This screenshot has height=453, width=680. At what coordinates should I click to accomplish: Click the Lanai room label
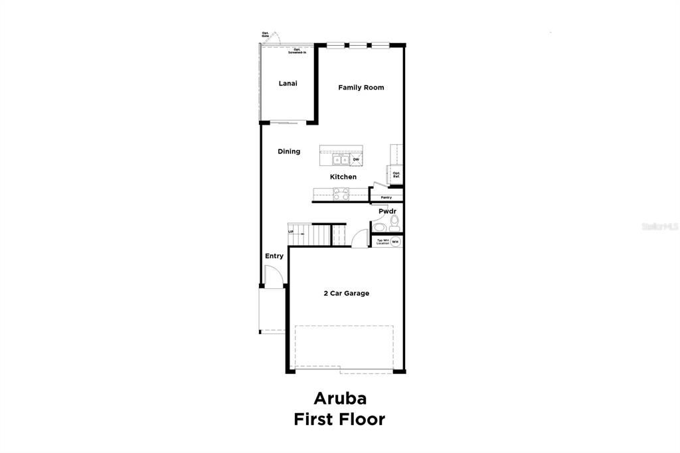coord(288,84)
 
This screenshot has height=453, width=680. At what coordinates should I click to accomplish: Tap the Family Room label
coord(361,88)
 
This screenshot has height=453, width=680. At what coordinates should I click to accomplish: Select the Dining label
coord(289,151)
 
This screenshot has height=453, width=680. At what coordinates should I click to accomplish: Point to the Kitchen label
coord(343,177)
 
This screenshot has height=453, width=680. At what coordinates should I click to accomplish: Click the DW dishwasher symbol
coord(356,159)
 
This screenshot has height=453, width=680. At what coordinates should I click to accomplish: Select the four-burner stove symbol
coord(341,195)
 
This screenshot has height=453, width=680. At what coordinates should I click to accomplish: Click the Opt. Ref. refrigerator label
coord(396,175)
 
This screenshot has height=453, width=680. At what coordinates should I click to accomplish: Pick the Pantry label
coord(386,197)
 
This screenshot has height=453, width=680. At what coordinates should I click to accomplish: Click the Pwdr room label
coord(387,211)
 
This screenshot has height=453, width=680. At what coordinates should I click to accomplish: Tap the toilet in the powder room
coord(394,222)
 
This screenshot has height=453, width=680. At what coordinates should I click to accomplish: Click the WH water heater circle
coord(395,242)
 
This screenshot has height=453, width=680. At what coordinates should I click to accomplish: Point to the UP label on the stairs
coord(291,231)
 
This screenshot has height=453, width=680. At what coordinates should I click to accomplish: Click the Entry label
coord(274,256)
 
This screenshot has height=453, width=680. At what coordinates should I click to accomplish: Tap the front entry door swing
coord(272,276)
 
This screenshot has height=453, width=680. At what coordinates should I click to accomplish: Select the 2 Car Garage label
coord(346,293)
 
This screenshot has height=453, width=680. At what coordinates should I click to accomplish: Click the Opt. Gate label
coord(265,34)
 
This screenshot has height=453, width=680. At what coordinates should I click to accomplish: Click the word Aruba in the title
coord(339,399)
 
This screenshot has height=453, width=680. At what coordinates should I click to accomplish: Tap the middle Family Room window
coord(358,45)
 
